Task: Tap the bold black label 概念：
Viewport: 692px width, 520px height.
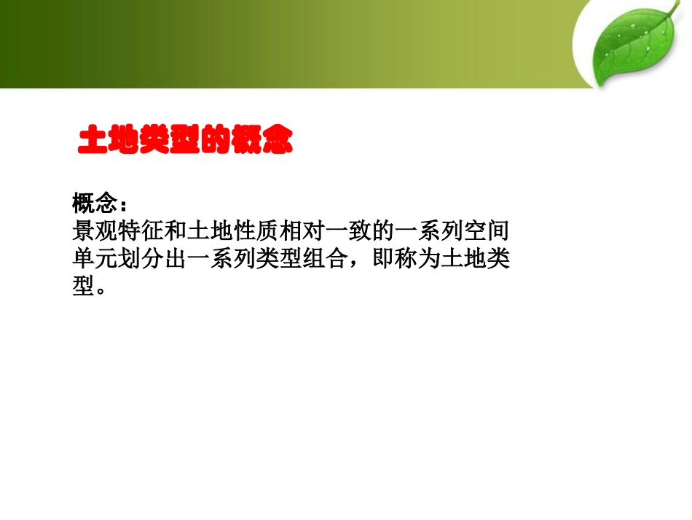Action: [x=99, y=202]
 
